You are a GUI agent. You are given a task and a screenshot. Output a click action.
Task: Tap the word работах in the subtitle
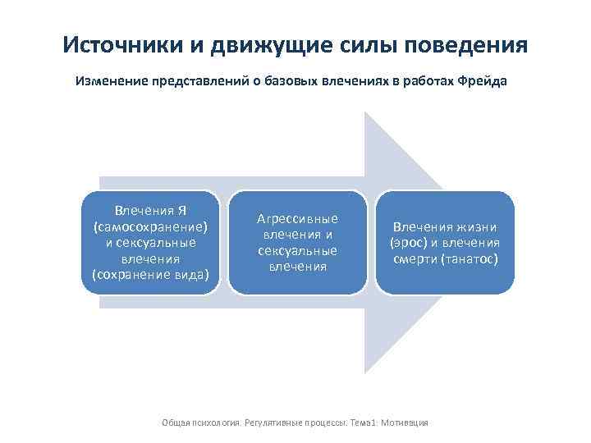[421, 82]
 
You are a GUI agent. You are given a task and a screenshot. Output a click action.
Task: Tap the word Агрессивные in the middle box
[298, 219]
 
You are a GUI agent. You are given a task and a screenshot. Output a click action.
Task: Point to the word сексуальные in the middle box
[298, 250]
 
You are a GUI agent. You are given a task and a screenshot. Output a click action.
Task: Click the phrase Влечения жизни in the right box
[445, 227]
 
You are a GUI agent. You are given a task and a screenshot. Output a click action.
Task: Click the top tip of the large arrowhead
[366, 112]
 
